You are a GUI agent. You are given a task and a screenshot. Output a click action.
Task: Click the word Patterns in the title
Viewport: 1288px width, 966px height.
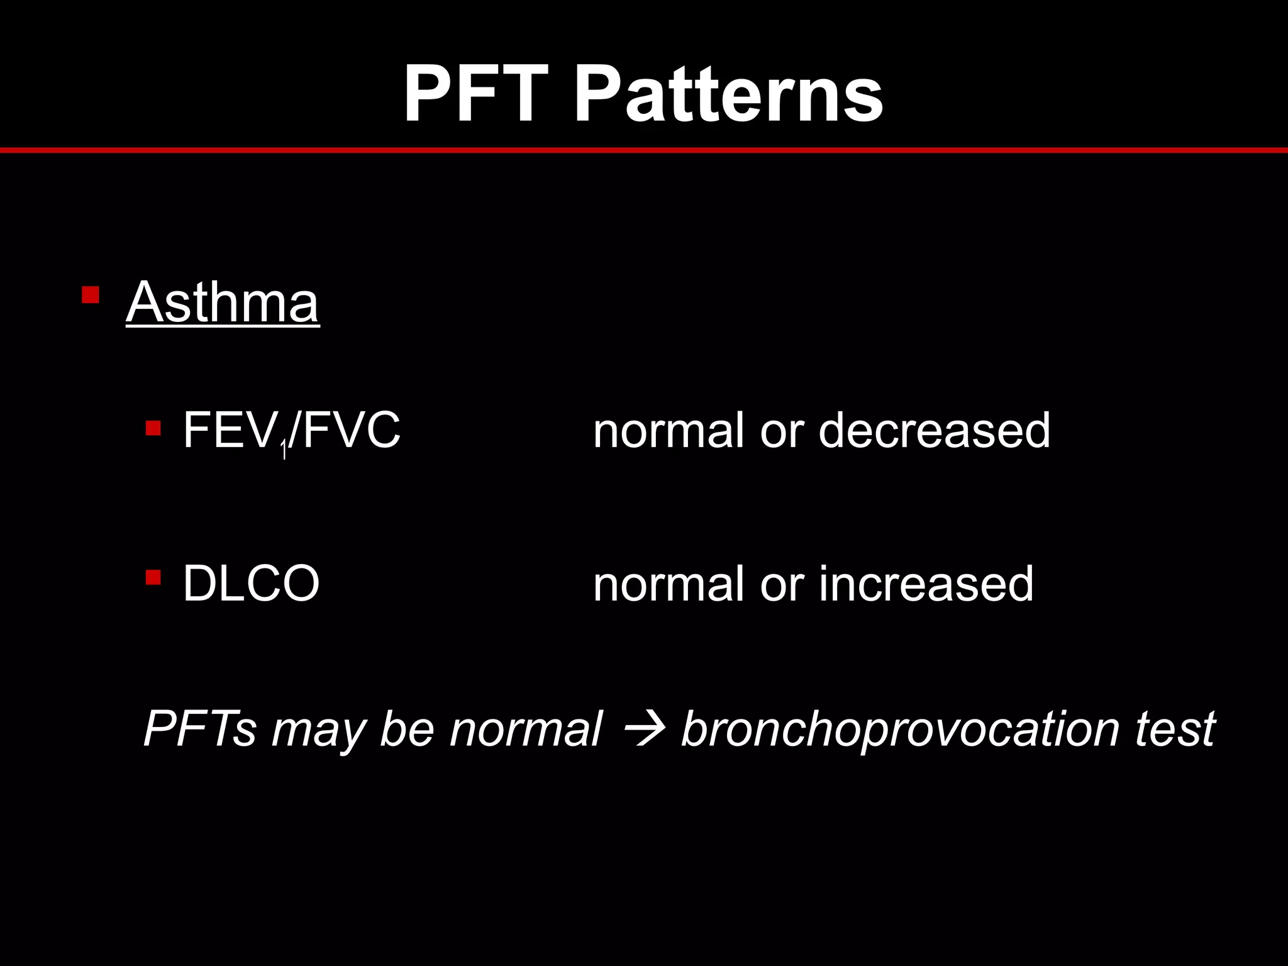coord(729,94)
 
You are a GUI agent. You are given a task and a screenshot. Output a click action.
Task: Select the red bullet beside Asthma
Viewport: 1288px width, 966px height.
coord(91,295)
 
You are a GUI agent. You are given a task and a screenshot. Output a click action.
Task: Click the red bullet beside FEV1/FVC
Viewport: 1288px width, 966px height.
coord(153,429)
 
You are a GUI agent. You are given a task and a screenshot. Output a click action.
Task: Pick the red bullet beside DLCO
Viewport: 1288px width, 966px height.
coord(153,577)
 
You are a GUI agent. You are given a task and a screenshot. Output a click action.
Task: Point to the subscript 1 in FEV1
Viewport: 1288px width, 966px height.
coord(284,450)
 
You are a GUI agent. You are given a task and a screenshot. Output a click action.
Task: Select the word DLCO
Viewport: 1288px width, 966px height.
coord(251,584)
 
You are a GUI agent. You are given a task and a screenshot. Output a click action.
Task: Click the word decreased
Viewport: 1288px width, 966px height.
coord(935,430)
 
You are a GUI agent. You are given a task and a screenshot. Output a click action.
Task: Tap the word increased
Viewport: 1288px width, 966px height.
coord(926,584)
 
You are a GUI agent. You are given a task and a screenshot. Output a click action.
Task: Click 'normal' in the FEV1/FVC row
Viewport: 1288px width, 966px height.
coord(668,430)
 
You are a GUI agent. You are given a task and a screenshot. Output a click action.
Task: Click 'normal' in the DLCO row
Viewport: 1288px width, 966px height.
coord(668,584)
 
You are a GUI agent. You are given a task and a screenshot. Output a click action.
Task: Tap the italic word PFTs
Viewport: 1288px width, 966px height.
coord(200,728)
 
